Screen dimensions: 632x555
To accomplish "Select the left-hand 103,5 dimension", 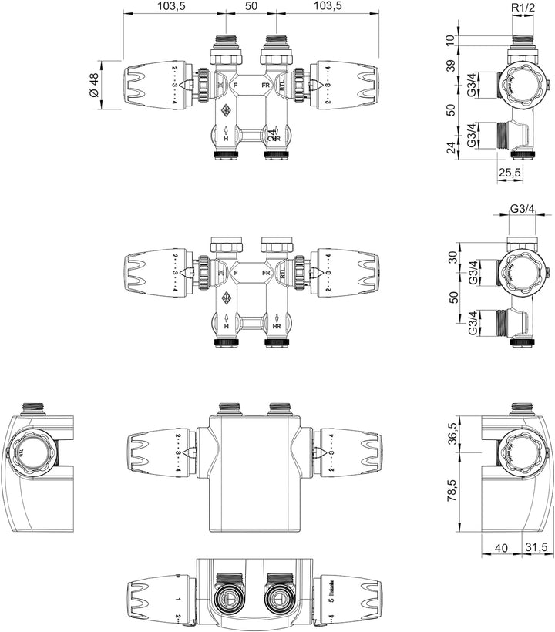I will pyautogui.click(x=171, y=6).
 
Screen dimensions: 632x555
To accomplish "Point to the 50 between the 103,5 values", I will pyautogui.click(x=251, y=6).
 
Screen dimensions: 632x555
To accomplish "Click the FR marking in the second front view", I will pyautogui.click(x=266, y=273).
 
